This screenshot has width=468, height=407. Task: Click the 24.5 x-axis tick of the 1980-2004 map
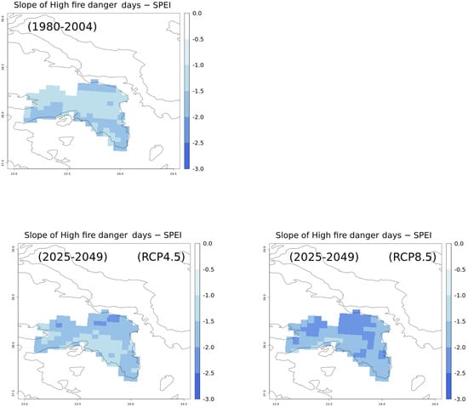(x=173, y=174)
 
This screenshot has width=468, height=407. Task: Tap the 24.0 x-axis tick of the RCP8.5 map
(x=381, y=404)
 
